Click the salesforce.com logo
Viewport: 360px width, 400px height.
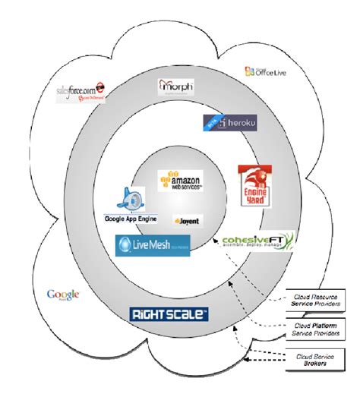pos(81,93)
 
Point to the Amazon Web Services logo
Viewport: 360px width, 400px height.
pos(180,181)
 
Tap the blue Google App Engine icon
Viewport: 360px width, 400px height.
pos(130,200)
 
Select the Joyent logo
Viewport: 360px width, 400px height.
pos(187,222)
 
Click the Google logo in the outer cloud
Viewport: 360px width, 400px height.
pos(63,294)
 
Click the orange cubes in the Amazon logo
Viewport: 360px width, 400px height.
pos(172,175)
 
